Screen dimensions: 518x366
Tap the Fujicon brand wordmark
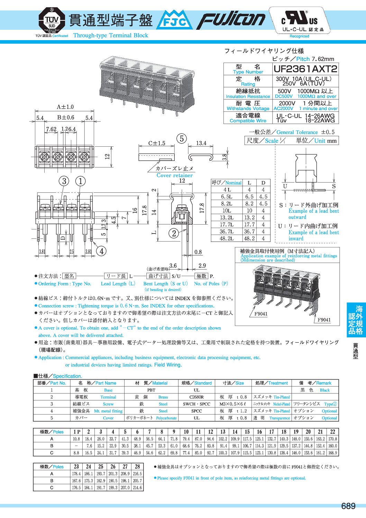(x=232, y=20)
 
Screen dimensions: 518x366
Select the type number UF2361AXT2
(x=305, y=69)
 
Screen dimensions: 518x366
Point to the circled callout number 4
(x=101, y=251)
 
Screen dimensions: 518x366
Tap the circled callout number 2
(x=174, y=233)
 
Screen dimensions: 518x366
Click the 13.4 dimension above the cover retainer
(x=201, y=143)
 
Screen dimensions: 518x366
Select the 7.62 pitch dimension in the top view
(x=51, y=129)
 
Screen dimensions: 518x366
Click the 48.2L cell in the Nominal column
(x=227, y=238)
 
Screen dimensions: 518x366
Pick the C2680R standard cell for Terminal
(x=196, y=397)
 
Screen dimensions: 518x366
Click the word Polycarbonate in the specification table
(x=166, y=418)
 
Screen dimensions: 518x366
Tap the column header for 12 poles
(x=210, y=432)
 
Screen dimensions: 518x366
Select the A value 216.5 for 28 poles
(x=137, y=474)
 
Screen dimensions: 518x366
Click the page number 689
(x=348, y=506)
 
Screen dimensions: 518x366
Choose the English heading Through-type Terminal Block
(x=111, y=35)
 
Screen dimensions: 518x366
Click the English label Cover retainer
(x=174, y=175)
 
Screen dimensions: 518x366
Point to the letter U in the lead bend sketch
(x=285, y=186)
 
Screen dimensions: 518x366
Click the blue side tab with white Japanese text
(x=356, y=320)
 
